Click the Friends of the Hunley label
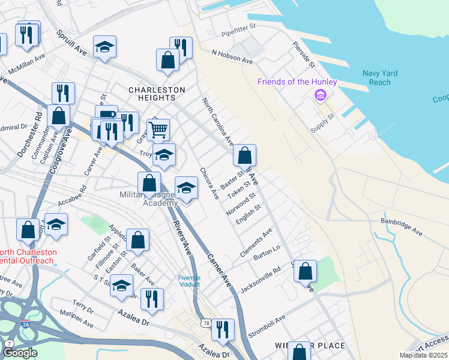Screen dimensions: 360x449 click(x=297, y=82)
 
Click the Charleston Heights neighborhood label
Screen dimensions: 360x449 click(x=157, y=90)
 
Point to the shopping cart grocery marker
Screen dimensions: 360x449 click(x=158, y=128)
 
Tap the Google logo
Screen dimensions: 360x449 click(x=20, y=353)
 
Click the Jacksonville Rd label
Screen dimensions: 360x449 click(x=261, y=280)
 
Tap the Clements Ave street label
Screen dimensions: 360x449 click(x=256, y=242)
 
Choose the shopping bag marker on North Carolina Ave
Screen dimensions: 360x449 click(x=244, y=155)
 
